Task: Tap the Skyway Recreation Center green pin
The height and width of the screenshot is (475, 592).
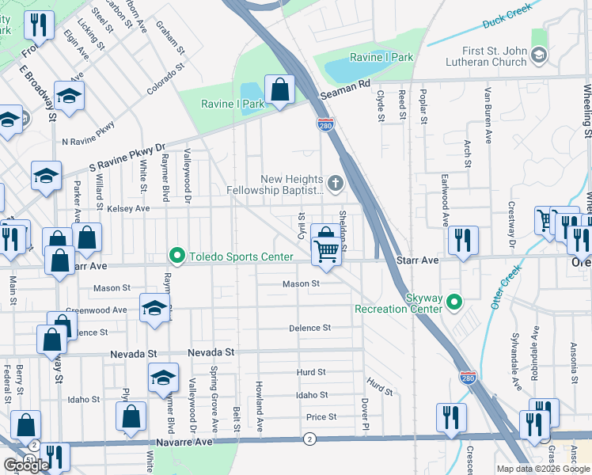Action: [x=453, y=302]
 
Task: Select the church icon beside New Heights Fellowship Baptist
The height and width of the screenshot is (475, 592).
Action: [x=336, y=184]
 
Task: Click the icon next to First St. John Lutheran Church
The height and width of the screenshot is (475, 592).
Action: [x=539, y=55]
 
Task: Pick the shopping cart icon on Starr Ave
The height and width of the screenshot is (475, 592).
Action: [x=327, y=251]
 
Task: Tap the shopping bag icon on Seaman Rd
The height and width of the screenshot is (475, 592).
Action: [x=279, y=89]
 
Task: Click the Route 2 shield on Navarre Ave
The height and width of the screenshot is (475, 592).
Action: [x=309, y=438]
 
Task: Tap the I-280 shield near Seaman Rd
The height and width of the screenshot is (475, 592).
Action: [x=325, y=124]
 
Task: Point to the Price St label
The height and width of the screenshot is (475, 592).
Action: [x=321, y=417]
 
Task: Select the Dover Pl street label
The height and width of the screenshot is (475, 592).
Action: [x=365, y=415]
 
